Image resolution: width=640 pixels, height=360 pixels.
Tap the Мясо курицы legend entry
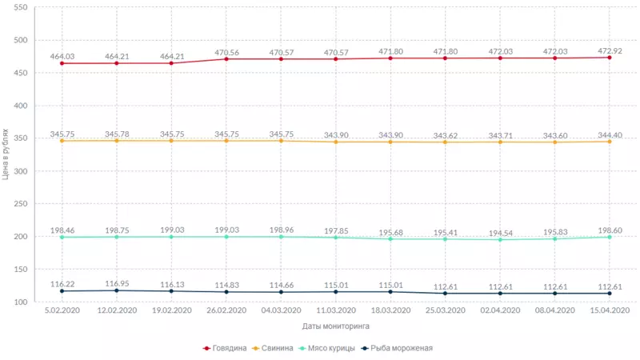point(328,348)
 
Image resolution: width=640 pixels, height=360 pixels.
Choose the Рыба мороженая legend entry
point(397,348)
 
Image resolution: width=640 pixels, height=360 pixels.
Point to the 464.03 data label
point(62,56)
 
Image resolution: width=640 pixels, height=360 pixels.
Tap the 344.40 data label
point(610,134)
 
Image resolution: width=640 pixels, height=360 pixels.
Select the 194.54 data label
point(501,233)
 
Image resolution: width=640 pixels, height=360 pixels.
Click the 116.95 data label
point(117,283)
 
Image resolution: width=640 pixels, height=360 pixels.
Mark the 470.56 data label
point(226,52)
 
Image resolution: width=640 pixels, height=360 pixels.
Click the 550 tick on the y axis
point(21,7)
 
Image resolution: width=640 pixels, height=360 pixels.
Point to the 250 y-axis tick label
point(21,204)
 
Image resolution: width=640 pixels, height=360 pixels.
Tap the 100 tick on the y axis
point(21,302)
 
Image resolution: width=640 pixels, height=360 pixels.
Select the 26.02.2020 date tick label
point(226,311)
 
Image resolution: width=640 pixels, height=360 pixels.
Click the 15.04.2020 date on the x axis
point(610,311)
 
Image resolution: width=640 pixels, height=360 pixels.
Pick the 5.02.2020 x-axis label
point(62,311)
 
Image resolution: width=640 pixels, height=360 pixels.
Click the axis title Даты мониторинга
point(335,326)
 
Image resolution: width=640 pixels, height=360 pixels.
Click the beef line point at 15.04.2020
point(610,58)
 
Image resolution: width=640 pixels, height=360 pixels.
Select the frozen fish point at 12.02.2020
point(117,290)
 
